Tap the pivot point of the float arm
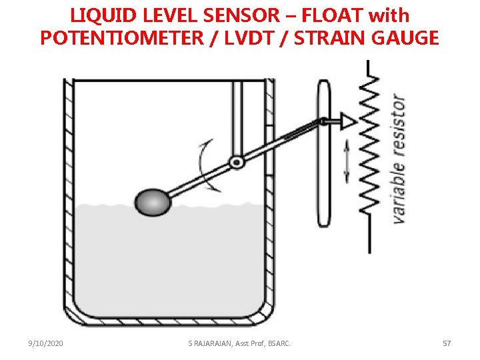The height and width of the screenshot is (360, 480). point(235,161)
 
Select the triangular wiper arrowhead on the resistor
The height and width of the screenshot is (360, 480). point(347,121)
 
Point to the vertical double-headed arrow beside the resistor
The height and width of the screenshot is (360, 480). point(347,164)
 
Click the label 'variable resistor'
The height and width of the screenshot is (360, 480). point(397,159)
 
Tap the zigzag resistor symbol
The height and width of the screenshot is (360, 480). point(369,143)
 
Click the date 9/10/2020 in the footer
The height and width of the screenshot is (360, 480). point(46,343)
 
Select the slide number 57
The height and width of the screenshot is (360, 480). point(447,343)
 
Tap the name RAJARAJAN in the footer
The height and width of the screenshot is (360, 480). point(215,343)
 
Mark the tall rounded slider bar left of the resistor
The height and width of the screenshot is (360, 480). point(324,153)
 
